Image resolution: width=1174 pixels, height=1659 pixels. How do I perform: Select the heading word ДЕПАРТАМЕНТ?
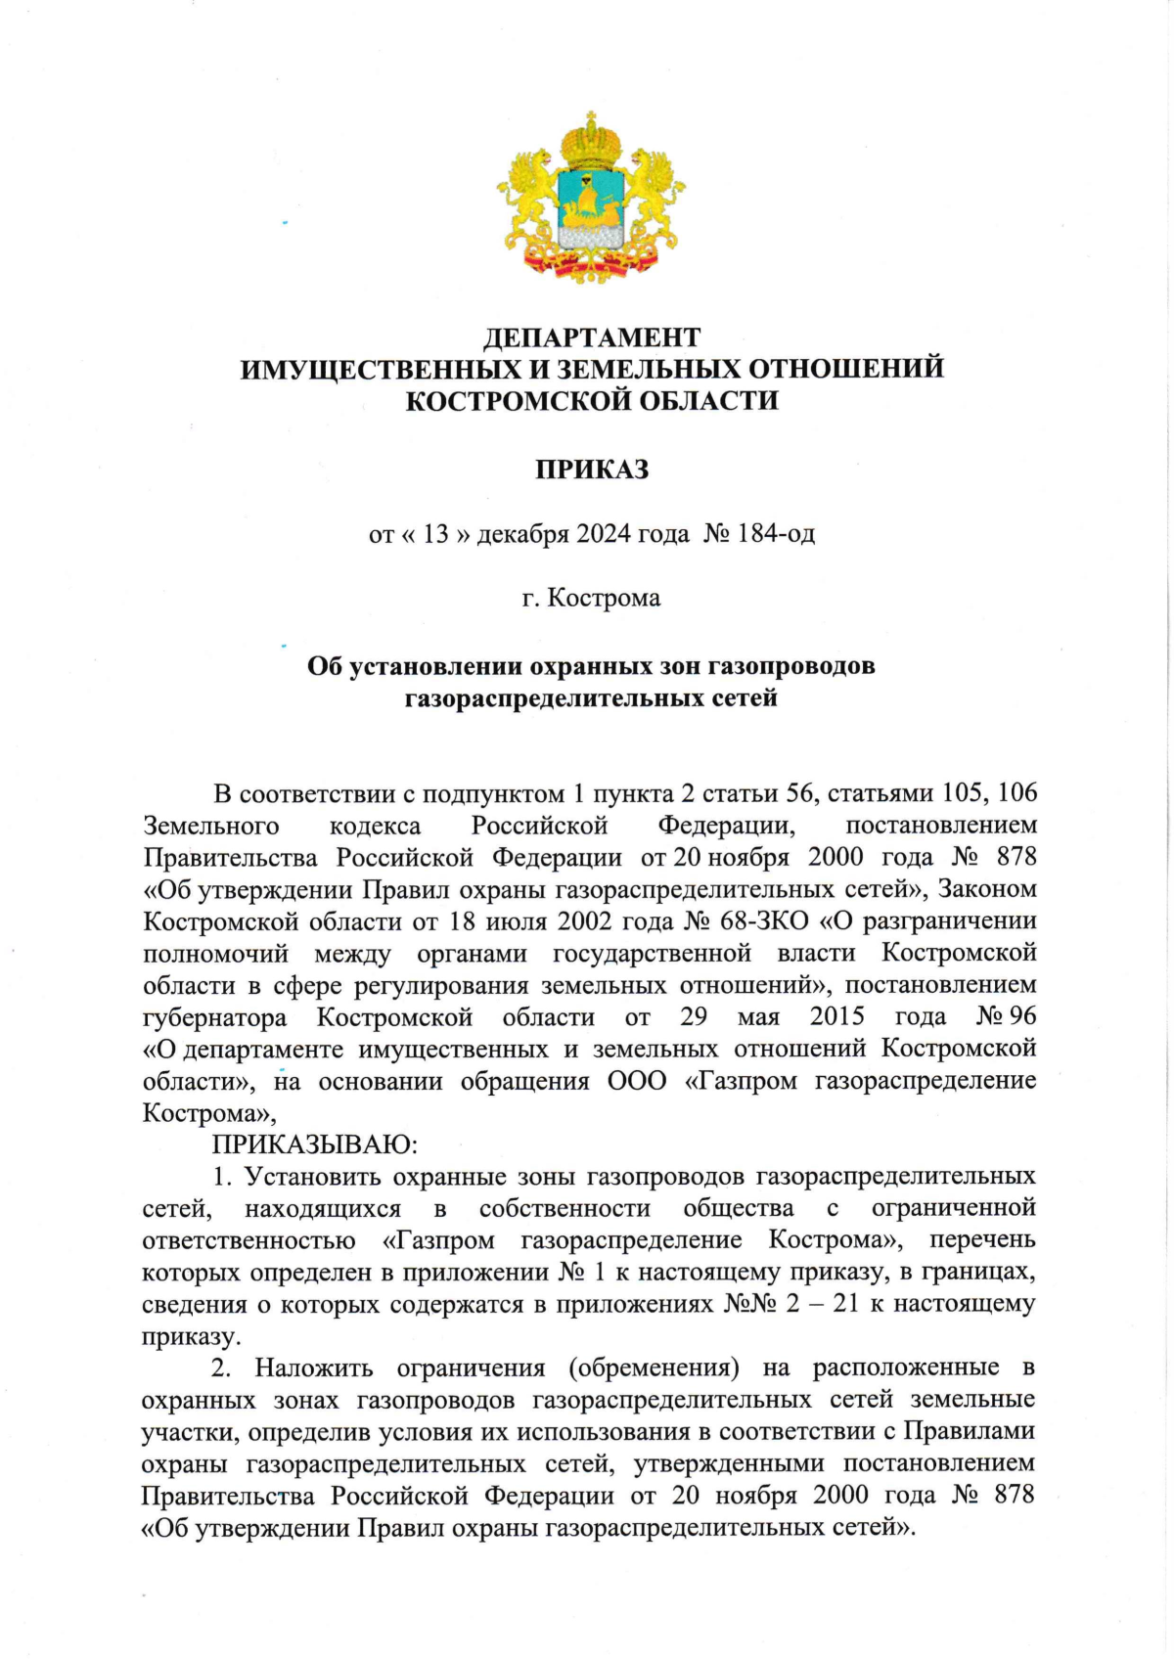pos(592,337)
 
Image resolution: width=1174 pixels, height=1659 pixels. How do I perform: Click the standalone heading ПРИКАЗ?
pos(592,471)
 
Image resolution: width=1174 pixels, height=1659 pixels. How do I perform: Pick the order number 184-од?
pos(777,534)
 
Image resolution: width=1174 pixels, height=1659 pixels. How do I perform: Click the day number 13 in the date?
pos(435,534)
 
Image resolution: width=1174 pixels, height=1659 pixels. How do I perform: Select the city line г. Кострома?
pos(591,598)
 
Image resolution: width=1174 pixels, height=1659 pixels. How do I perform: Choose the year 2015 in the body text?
pos(837,1017)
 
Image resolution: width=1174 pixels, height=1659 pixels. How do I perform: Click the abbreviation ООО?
pos(637,1082)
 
